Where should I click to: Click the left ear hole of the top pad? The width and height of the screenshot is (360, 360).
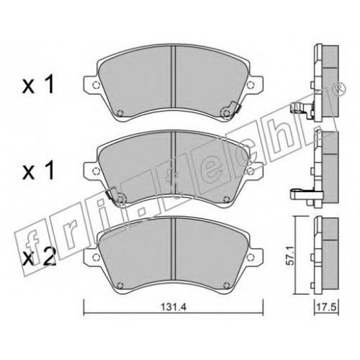pyautogui.click(x=96, y=84)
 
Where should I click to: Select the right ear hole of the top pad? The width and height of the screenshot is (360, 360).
pyautogui.click(x=251, y=84)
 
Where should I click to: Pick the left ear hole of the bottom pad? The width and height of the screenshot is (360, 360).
pyautogui.click(x=96, y=256)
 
